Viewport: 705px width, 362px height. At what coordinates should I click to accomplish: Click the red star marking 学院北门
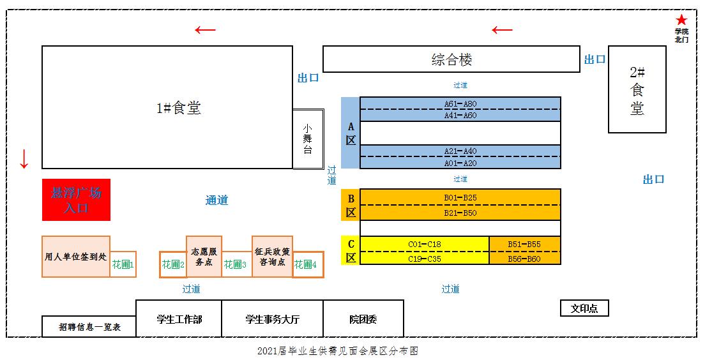(681, 20)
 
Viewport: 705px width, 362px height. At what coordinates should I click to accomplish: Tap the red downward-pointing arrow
(24, 158)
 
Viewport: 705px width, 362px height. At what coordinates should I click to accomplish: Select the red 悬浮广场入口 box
(76, 200)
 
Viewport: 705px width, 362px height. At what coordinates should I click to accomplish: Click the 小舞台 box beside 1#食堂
(308, 139)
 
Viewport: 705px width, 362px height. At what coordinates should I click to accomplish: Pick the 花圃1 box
(123, 264)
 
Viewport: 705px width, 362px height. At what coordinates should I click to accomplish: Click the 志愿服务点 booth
(204, 257)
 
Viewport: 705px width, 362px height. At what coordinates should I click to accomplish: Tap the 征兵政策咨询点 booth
(272, 257)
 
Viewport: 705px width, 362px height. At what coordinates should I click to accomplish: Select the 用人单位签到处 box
(75, 257)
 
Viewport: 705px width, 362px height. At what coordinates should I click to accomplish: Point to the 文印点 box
(584, 308)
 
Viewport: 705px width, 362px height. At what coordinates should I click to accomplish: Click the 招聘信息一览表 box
(89, 327)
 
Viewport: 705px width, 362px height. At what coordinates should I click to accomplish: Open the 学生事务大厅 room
(272, 319)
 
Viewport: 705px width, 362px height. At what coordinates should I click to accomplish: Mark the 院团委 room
(363, 319)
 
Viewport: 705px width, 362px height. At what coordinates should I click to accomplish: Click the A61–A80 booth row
(460, 103)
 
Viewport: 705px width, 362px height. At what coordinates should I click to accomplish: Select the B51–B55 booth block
(524, 244)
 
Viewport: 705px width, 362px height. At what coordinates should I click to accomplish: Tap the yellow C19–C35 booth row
(425, 259)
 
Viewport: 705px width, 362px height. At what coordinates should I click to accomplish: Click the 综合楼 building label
(451, 59)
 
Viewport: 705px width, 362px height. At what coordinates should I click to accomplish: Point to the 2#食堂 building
(637, 89)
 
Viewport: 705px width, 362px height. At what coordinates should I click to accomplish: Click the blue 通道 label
(216, 200)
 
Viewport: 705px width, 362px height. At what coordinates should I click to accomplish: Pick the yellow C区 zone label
(351, 251)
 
